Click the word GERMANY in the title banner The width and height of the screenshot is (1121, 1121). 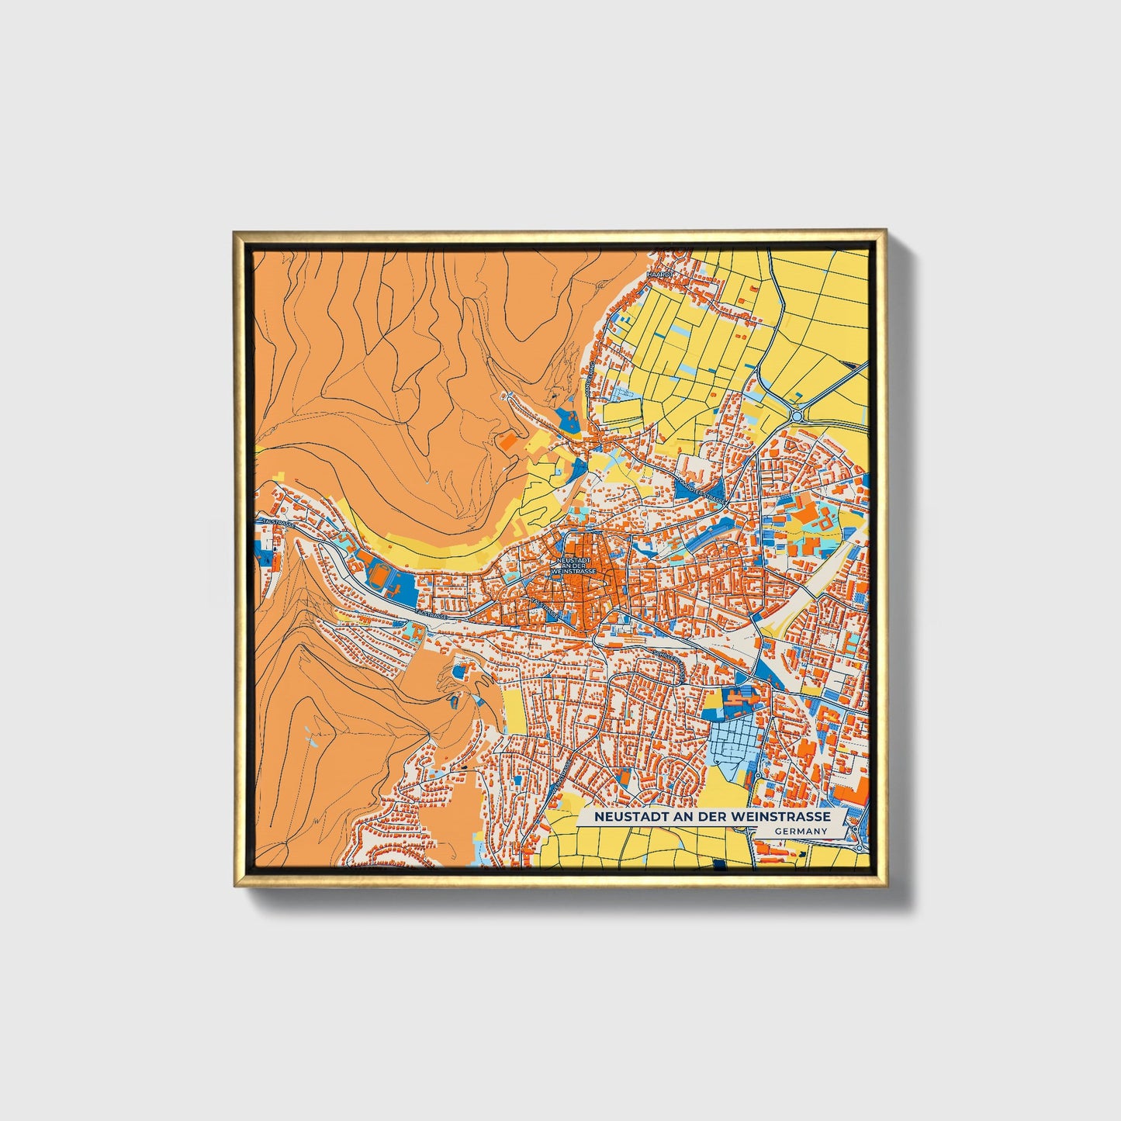[801, 831]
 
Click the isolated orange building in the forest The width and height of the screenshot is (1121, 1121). [508, 442]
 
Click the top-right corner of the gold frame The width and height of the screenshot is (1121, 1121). [885, 230]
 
